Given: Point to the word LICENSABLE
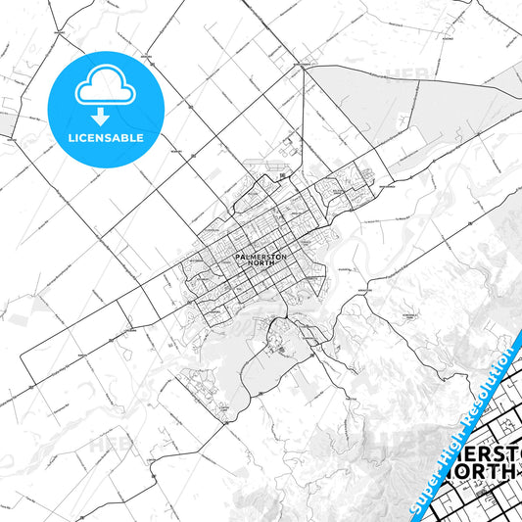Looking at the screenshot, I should (106, 138).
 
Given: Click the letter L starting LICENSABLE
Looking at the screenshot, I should (70, 138).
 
